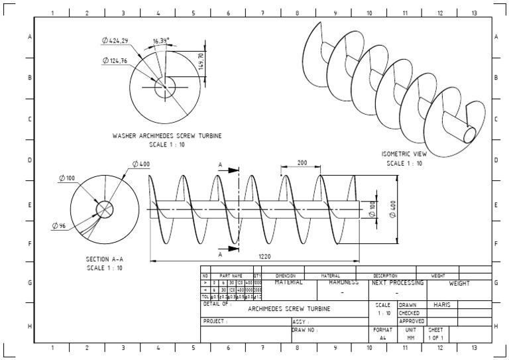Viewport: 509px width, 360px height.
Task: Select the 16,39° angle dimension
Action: tap(160, 40)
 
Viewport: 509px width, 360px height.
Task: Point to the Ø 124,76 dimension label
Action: tap(118, 60)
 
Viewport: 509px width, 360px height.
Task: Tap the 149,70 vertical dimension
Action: tap(201, 63)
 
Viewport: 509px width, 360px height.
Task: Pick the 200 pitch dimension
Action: tap(302, 162)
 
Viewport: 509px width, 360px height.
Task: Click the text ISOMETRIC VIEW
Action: tap(404, 154)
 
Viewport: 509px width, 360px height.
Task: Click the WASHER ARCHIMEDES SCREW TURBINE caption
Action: tap(167, 135)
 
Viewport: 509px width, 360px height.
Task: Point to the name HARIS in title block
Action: tap(441, 304)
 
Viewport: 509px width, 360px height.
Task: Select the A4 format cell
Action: tap(382, 337)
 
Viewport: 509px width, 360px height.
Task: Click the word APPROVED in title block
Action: tap(412, 321)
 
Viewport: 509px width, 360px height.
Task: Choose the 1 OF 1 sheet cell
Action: tap(436, 337)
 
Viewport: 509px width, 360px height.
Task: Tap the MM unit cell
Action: tap(411, 337)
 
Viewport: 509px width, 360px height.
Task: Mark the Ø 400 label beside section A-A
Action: tap(141, 163)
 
